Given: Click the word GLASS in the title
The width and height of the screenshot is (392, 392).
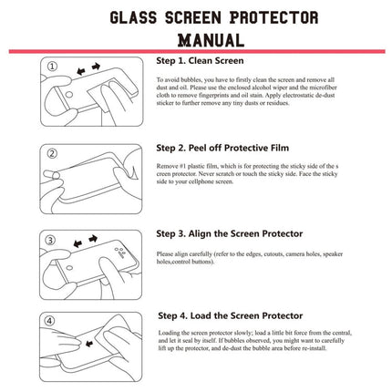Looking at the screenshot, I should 137,18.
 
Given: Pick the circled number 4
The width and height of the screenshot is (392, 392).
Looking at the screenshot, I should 53,321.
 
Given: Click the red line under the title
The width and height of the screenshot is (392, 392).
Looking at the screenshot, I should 196,52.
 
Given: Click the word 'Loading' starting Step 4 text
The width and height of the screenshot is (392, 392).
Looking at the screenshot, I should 170,334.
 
